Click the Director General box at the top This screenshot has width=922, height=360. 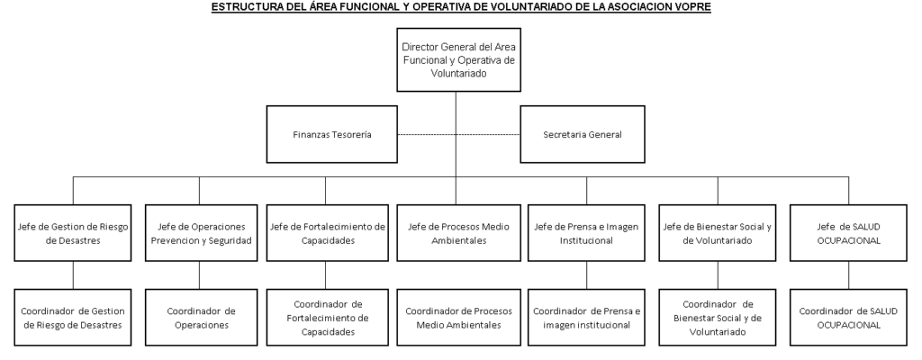[458, 60]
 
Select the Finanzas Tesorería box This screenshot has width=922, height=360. [331, 134]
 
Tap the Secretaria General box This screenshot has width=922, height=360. [583, 134]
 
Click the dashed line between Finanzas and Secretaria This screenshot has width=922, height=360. [458, 135]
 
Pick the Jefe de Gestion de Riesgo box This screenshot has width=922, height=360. [73, 233]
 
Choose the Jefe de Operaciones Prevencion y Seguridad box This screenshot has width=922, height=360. [201, 233]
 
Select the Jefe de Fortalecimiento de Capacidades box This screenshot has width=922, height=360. [328, 233]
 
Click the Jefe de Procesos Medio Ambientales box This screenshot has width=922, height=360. [458, 233]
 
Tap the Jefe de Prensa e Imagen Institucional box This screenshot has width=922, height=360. [586, 233]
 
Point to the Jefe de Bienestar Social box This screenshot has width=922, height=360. [718, 233]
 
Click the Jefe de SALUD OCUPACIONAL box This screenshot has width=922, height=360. [848, 233]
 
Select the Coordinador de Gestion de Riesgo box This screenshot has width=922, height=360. [73, 318]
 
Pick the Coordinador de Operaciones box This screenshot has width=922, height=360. [201, 318]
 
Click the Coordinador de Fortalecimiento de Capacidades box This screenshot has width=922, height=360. [328, 318]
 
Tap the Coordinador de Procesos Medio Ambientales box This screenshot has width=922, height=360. [458, 318]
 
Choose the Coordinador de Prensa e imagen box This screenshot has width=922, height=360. [586, 318]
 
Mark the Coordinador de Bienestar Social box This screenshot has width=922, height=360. [718, 318]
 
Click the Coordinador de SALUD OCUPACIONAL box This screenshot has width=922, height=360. [848, 318]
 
